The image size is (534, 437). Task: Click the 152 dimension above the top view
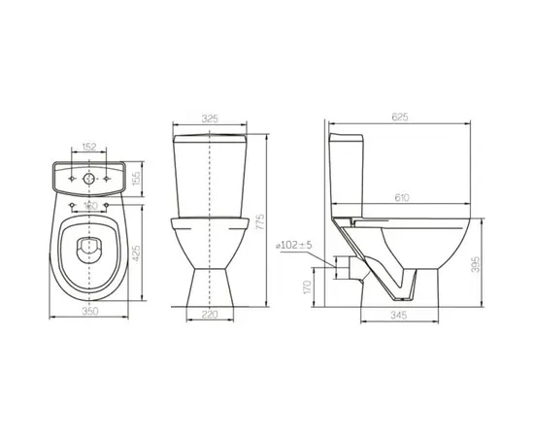click(87, 148)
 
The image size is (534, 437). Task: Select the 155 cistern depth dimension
click(137, 179)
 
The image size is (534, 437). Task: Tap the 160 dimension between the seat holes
click(88, 206)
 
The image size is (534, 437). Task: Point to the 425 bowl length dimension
click(137, 255)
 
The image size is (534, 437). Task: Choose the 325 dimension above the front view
click(209, 118)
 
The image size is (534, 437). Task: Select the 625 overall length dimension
click(400, 118)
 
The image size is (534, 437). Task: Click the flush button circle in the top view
click(87, 179)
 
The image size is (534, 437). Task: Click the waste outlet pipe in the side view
click(345, 263)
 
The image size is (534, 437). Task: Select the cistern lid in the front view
click(209, 140)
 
